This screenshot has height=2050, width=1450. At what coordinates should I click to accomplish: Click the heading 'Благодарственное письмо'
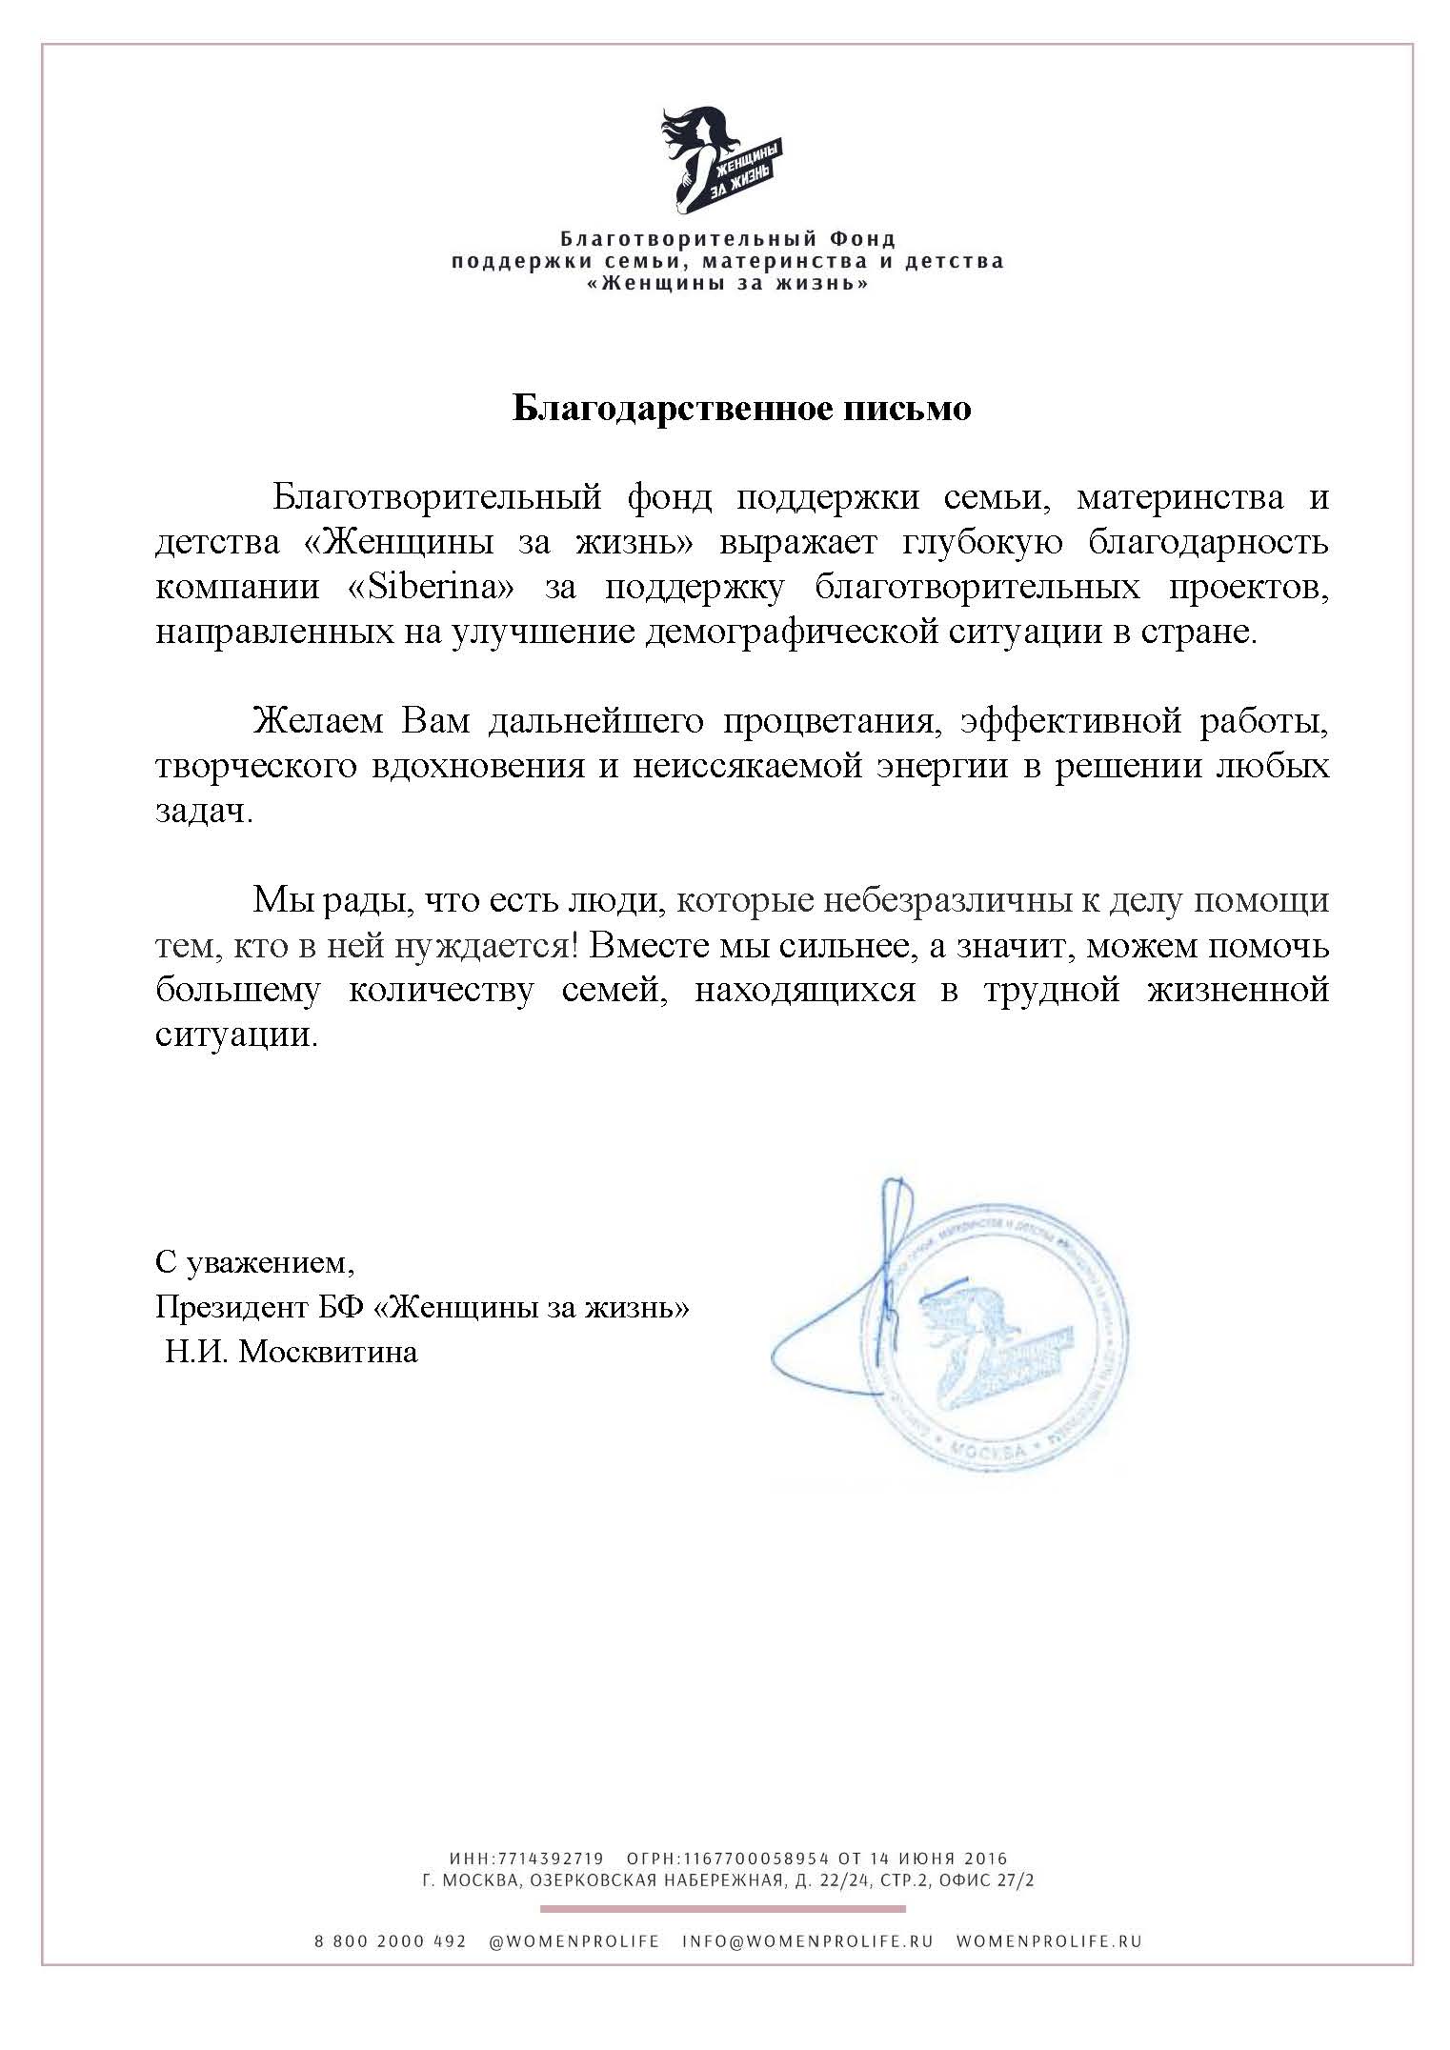tap(742, 409)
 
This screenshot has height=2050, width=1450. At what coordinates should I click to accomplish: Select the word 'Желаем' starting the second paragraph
tap(317, 721)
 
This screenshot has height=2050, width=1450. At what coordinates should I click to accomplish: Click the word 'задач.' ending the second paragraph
tap(204, 812)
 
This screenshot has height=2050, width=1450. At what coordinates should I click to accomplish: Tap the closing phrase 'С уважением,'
tap(254, 1262)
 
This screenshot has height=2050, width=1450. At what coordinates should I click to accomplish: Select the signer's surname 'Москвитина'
tap(328, 1352)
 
